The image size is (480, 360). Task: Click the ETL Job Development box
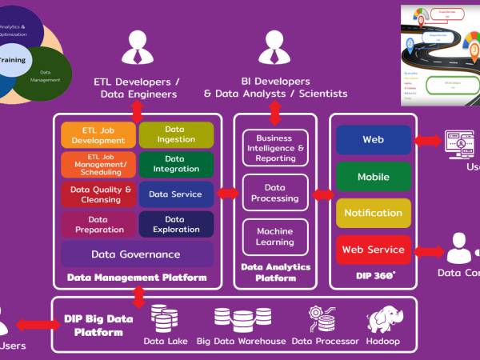[98, 134]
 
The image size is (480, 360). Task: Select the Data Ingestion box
[176, 134]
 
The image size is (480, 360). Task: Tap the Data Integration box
[176, 164]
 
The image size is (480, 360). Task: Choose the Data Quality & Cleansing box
[98, 194]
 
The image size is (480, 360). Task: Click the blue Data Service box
[176, 194]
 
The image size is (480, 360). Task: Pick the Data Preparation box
[98, 224]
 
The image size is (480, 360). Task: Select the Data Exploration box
[176, 224]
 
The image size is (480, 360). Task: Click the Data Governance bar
[137, 254]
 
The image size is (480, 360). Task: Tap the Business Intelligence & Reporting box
[275, 147]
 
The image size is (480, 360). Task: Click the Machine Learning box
[275, 237]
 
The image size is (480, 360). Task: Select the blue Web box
[373, 139]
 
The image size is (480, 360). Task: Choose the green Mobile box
[373, 176]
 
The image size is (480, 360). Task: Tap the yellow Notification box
[373, 213]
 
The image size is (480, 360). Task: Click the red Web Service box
[373, 250]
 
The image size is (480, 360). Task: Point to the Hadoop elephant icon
[382, 318]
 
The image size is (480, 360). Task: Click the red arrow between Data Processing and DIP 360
[323, 194]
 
